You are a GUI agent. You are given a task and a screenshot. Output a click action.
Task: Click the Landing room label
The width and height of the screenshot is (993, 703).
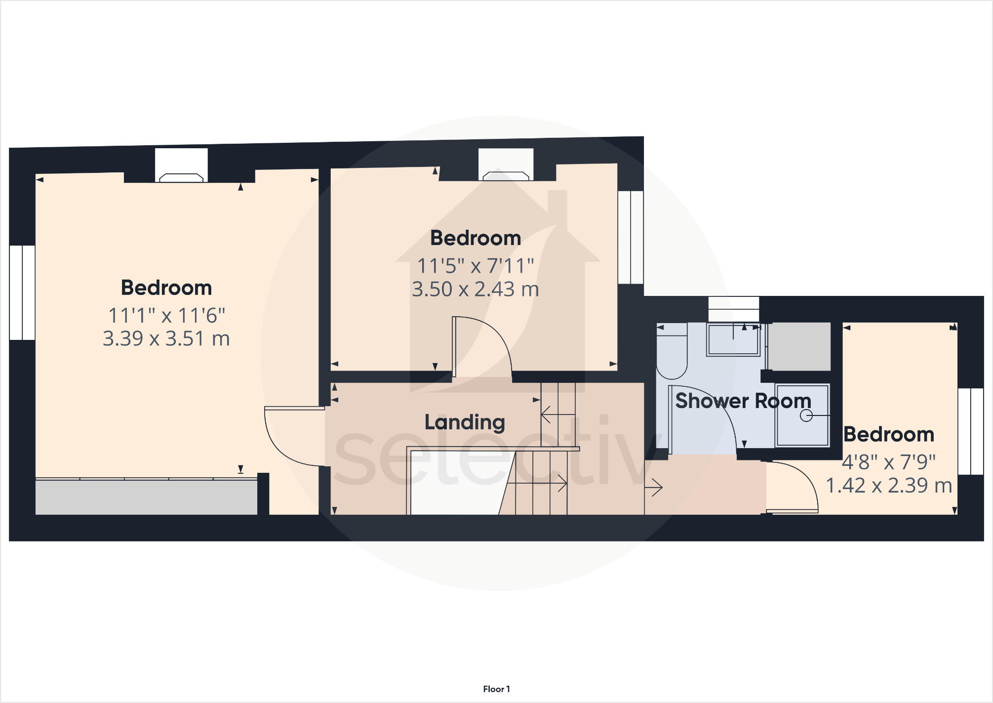pyautogui.click(x=465, y=422)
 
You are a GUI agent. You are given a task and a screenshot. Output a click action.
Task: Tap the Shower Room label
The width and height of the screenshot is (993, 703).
pyautogui.click(x=743, y=401)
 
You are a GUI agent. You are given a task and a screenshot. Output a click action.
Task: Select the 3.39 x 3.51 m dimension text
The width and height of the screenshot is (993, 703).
pyautogui.click(x=166, y=339)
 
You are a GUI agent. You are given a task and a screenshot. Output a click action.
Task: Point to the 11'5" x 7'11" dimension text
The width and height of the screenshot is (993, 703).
pyautogui.click(x=476, y=266)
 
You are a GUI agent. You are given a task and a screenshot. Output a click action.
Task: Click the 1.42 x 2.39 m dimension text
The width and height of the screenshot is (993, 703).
pyautogui.click(x=889, y=486)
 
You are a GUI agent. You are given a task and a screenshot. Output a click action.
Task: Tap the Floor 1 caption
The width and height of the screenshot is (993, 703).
pyautogui.click(x=496, y=689)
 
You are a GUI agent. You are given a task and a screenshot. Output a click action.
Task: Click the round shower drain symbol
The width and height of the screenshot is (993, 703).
pyautogui.click(x=806, y=416)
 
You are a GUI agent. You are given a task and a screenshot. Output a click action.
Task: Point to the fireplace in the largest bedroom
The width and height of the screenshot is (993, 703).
pyautogui.click(x=181, y=177)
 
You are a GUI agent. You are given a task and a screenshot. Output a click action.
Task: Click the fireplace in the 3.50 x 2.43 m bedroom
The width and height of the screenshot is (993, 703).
pyautogui.click(x=506, y=175)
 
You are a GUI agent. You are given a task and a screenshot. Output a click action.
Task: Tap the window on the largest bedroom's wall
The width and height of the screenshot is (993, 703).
pyautogui.click(x=22, y=292)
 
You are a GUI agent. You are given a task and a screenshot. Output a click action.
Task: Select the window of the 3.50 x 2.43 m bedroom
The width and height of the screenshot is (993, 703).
pyautogui.click(x=631, y=237)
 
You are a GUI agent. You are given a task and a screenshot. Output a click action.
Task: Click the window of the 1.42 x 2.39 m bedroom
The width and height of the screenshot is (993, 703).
pyautogui.click(x=970, y=431)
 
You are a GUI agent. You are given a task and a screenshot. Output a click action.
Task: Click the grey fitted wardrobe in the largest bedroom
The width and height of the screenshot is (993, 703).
pyautogui.click(x=146, y=497)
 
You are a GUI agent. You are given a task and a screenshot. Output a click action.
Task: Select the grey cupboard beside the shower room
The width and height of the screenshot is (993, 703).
pyautogui.click(x=799, y=346)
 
